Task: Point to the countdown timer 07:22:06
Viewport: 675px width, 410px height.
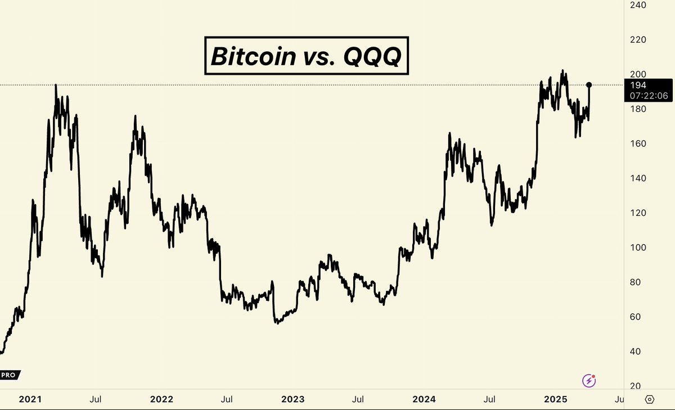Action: point(649,96)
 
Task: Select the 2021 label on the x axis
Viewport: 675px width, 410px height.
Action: point(30,399)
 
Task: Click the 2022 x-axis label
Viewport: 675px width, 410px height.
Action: point(161,399)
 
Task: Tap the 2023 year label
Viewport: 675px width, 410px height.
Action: point(293,399)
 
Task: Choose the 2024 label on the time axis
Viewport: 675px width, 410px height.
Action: point(424,399)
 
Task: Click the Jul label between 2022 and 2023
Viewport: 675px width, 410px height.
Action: point(227,399)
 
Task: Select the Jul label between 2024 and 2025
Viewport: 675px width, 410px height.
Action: point(490,399)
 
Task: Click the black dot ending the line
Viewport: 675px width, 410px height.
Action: point(589,85)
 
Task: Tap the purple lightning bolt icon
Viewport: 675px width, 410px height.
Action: point(589,381)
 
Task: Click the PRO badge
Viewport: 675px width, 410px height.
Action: point(9,375)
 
